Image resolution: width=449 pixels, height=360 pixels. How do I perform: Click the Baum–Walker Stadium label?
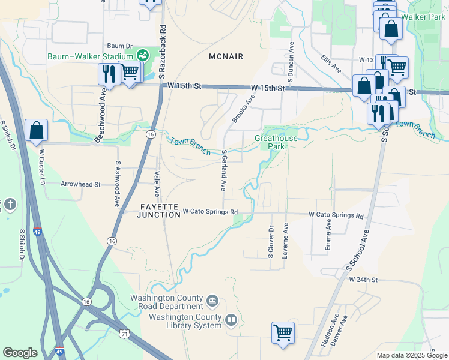90,57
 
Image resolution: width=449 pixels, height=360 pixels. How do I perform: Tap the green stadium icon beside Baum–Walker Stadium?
143,56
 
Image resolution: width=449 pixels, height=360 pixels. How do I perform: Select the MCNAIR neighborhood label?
226,56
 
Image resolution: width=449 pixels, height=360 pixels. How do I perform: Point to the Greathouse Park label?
276,142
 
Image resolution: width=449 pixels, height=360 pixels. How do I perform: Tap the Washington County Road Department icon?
212,300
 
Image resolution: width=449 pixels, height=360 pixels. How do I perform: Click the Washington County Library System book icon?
232,319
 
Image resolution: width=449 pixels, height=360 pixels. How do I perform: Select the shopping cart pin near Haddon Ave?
283,332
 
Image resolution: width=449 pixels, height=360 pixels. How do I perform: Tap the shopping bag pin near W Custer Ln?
36,130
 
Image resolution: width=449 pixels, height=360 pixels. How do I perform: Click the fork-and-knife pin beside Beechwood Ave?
109,74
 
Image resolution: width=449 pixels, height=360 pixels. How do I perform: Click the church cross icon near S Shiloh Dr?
10,205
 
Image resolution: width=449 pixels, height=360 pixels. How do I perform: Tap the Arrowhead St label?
80,185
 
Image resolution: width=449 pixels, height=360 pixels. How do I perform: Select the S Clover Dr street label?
271,242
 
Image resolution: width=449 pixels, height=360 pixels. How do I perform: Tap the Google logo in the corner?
20,353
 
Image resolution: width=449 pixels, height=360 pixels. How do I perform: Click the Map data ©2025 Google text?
412,355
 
